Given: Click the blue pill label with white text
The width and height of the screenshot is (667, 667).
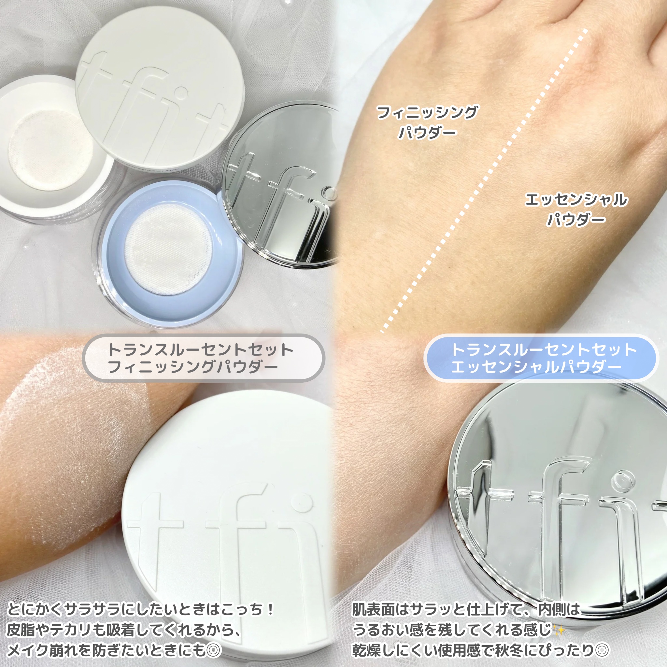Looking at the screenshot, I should [541, 358].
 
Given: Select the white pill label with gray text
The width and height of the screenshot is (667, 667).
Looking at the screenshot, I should [204, 358].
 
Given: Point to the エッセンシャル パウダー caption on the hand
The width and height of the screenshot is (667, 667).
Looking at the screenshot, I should [575, 209].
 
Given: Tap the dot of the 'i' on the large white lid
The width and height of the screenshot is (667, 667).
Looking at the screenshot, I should [303, 501].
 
